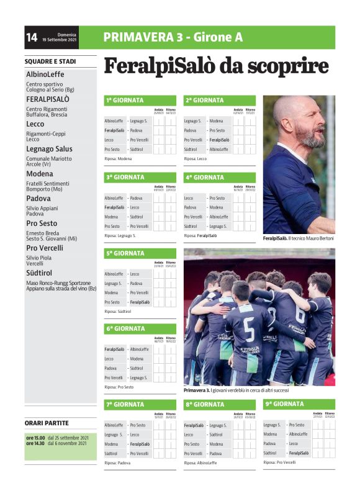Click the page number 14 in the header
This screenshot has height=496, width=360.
(32, 38)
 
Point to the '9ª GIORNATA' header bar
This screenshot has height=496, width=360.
(285, 404)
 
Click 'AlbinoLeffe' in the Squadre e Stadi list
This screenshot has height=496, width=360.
(45, 74)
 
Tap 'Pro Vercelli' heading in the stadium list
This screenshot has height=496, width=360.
(45, 248)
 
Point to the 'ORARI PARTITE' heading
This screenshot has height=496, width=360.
(47, 423)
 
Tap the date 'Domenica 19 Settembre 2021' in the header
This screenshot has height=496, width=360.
(60, 37)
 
